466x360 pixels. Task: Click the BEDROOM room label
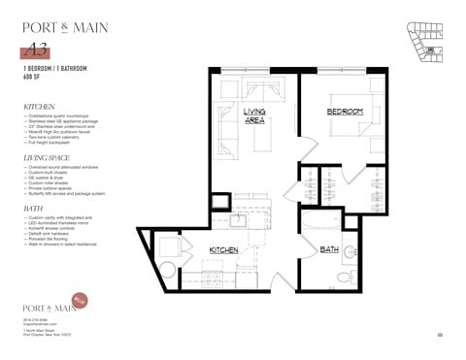344,113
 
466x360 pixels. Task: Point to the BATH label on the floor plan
328,249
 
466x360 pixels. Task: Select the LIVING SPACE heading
48,155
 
